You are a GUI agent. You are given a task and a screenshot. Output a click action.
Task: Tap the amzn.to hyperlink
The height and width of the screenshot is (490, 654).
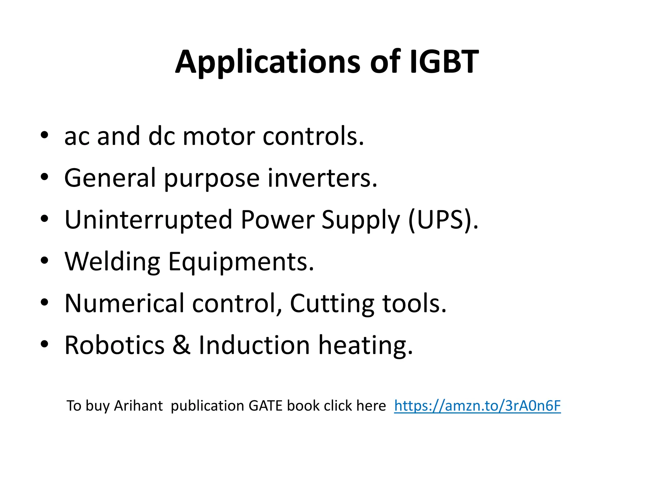pyautogui.click(x=477, y=406)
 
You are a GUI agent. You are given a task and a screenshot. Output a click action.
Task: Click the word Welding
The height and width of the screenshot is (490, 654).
pyautogui.click(x=112, y=262)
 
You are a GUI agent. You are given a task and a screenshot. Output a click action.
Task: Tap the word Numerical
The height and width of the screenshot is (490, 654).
pyautogui.click(x=124, y=303)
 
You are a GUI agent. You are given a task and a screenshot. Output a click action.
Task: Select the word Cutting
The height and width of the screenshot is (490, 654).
pyautogui.click(x=332, y=304)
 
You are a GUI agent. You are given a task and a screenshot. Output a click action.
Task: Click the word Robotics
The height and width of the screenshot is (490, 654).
pyautogui.click(x=114, y=345)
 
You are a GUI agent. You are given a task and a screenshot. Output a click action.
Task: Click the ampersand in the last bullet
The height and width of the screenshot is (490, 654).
pyautogui.click(x=181, y=345)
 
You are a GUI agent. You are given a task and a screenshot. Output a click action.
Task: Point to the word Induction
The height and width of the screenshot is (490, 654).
pyautogui.click(x=254, y=345)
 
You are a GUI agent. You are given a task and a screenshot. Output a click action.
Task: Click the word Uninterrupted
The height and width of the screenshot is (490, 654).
pyautogui.click(x=148, y=220)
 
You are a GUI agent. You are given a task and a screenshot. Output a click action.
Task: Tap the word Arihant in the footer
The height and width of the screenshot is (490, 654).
pyautogui.click(x=138, y=406)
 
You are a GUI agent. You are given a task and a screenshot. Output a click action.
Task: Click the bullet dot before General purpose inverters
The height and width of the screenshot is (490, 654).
pyautogui.click(x=44, y=177)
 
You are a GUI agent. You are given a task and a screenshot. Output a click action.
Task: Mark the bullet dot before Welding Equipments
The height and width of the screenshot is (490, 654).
pyautogui.click(x=44, y=261)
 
